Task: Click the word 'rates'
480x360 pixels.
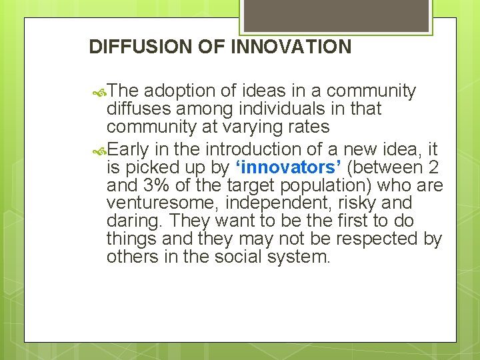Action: click(x=308, y=127)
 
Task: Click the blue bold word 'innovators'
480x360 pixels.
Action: click(x=285, y=167)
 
